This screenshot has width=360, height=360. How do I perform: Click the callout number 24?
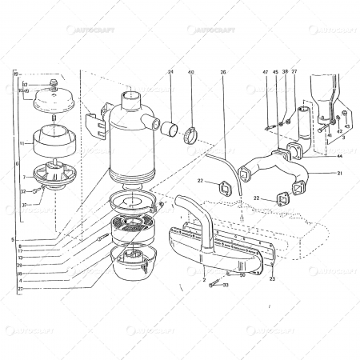point(170,73)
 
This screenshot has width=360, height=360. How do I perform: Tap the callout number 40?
point(190,73)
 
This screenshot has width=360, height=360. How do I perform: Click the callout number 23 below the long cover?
point(273,278)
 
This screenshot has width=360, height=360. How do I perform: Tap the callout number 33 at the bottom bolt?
point(226,285)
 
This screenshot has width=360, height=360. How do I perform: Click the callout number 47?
point(266,73)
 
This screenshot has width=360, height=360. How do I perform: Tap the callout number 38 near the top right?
point(285,73)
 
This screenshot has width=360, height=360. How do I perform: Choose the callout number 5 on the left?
point(13,238)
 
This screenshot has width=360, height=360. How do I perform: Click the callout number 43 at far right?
point(347,126)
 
